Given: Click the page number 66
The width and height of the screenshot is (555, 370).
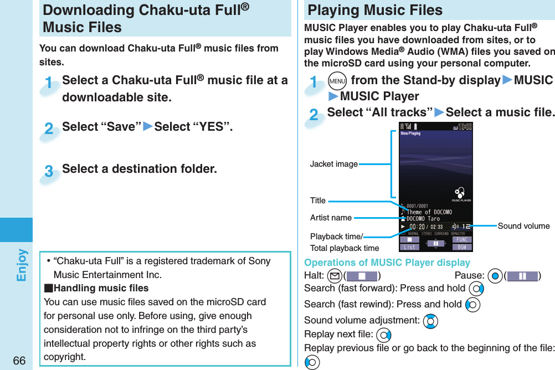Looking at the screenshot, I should [x=19, y=361].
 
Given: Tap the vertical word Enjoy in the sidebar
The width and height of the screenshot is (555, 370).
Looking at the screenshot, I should [x=22, y=265].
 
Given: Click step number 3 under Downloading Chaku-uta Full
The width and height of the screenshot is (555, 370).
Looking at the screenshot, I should [x=49, y=172].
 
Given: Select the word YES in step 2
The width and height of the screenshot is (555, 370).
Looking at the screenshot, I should [x=210, y=127].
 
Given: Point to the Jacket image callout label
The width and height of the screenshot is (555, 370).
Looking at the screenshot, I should [x=333, y=164].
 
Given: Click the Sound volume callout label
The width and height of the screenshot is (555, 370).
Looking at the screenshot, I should [x=523, y=225].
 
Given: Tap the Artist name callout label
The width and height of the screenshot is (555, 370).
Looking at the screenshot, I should [x=331, y=218].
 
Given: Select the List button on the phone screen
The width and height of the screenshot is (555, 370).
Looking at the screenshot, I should [x=409, y=247].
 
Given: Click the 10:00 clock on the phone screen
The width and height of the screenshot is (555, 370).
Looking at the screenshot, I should [x=462, y=127].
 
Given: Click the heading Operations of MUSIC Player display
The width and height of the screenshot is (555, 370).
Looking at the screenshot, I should [x=387, y=263].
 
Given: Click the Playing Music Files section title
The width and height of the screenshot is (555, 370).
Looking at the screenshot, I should [x=375, y=10].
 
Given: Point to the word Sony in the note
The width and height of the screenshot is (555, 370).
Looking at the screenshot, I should [x=259, y=261].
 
